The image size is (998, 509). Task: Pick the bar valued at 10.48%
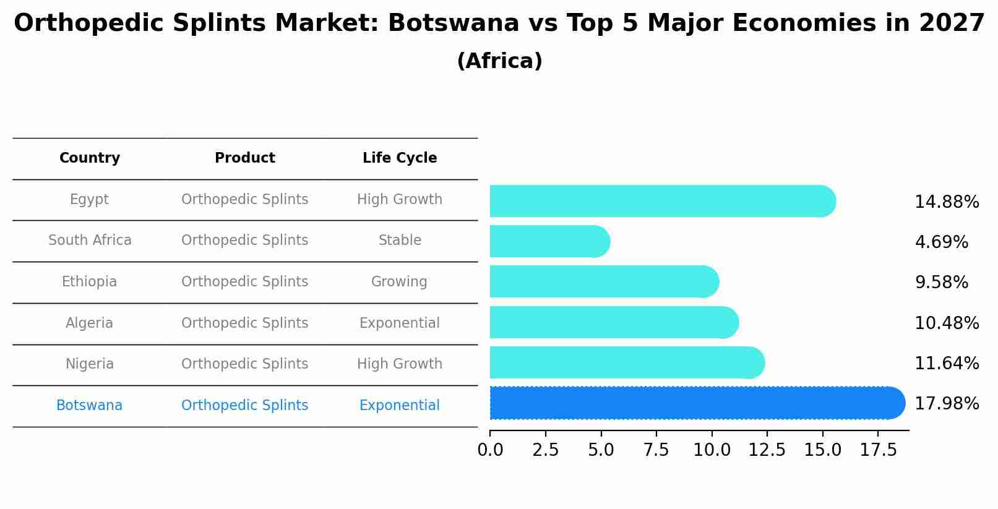tap(613, 322)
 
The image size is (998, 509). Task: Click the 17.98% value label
tap(946, 404)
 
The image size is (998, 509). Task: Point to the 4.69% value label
tap(941, 242)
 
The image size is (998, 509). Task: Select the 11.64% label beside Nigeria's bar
tap(946, 364)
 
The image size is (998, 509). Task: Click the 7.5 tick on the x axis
tap(656, 450)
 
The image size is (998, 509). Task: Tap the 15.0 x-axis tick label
tap(822, 450)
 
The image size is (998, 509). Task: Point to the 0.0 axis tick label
tap(490, 450)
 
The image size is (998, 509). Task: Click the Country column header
tap(90, 158)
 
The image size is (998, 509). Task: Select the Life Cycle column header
tap(400, 158)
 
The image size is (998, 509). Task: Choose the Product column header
tap(244, 158)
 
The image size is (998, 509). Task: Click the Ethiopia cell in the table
tap(89, 282)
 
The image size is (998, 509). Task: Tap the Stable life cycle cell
tap(400, 241)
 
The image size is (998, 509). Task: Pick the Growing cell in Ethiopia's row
tap(399, 282)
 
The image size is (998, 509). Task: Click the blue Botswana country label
tap(89, 406)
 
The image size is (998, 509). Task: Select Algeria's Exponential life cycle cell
tap(399, 323)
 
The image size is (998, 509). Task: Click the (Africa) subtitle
tap(499, 61)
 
